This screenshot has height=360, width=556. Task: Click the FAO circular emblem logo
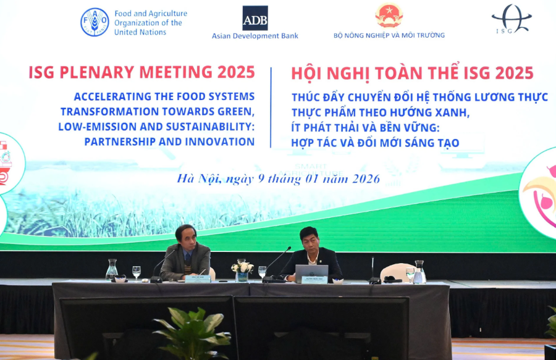tap(95, 22)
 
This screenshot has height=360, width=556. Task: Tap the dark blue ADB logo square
tap(255, 18)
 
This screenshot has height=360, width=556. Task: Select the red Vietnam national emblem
tap(389, 15)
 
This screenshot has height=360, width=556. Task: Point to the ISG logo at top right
tap(512, 19)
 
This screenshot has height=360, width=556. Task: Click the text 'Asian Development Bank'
tap(255, 36)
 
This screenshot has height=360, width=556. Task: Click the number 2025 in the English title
tap(235, 72)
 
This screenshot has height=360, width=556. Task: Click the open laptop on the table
tap(312, 272)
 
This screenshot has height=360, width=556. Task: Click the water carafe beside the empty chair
tap(419, 272)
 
